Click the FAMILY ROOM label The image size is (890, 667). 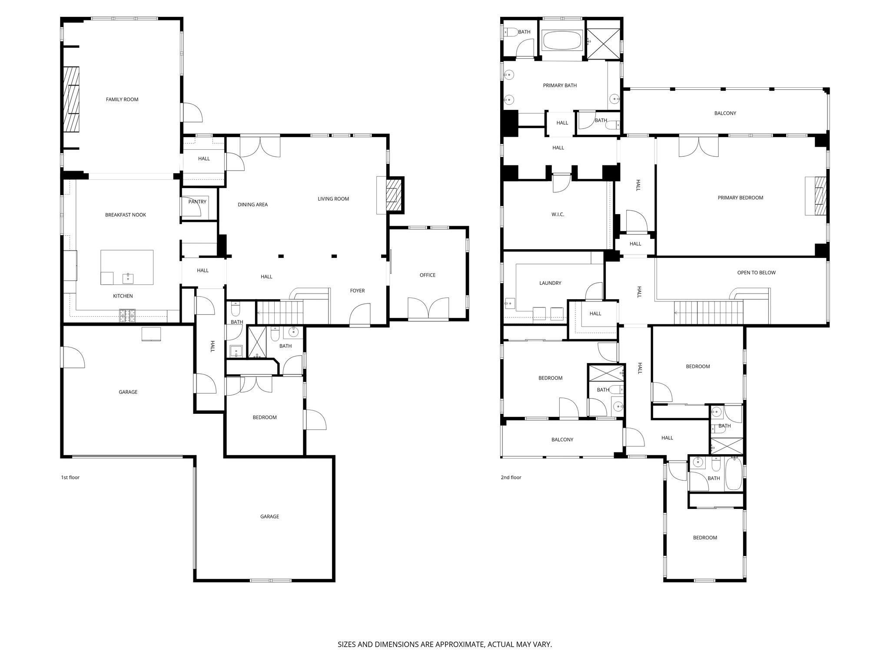[x=122, y=99]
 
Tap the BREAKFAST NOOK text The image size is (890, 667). [x=126, y=215]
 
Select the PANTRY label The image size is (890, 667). [x=197, y=201]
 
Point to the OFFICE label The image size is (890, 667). [x=428, y=275]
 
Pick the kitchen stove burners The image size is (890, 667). [x=128, y=316]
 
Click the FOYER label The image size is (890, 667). [x=358, y=291]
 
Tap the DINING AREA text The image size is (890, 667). [x=253, y=205]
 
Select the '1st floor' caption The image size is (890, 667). [x=70, y=478]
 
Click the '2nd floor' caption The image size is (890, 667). [x=511, y=478]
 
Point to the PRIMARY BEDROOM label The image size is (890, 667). [x=741, y=198]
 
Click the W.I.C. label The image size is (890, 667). [x=558, y=215]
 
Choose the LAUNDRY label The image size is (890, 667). [x=550, y=283]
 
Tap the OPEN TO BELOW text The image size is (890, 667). [x=757, y=273]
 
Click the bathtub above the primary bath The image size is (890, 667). [x=562, y=40]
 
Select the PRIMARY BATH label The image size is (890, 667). [x=560, y=86]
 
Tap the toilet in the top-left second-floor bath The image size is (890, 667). [x=511, y=32]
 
